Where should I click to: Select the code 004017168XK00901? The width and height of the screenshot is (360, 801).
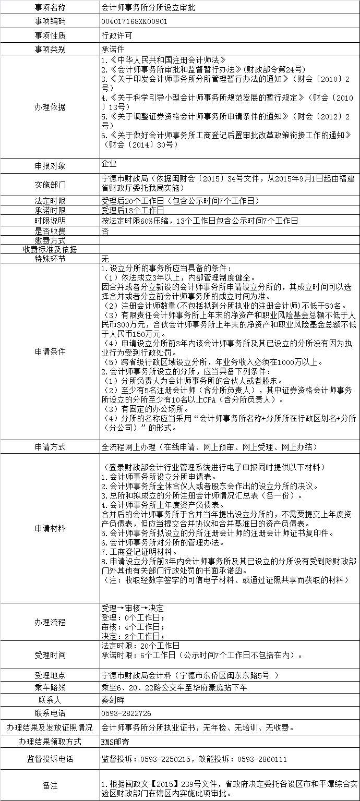point(134,22)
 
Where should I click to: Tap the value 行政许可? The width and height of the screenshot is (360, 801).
point(116,35)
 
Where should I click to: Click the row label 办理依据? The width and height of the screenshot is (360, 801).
point(50,106)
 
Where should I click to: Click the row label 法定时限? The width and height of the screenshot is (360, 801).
point(50,201)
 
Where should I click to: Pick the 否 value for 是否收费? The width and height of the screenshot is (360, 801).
point(105,230)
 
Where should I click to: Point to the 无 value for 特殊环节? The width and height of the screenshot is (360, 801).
point(105,259)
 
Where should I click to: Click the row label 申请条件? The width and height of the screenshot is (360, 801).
point(50,351)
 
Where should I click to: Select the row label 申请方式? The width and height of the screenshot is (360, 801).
point(50,447)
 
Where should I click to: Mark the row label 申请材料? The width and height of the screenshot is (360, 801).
point(50,528)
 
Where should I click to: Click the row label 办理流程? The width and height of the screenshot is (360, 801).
point(50,622)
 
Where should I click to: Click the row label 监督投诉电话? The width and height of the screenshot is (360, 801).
point(50,759)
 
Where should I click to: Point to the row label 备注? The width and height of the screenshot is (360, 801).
point(50,785)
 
